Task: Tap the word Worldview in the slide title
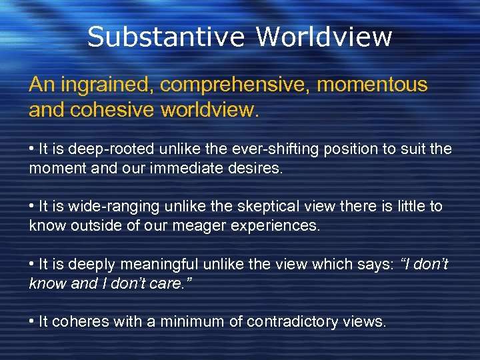tap(324, 37)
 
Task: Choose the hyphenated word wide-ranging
tap(105, 207)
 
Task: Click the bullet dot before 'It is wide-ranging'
tap(32, 207)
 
